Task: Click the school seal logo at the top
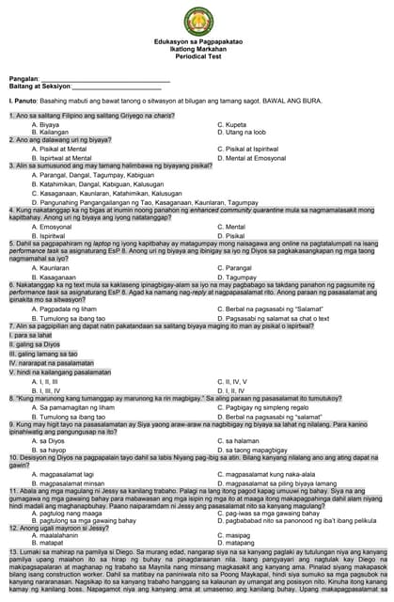pos(197,18)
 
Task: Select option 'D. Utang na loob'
pos(242,131)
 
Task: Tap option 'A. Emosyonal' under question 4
pos(53,227)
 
